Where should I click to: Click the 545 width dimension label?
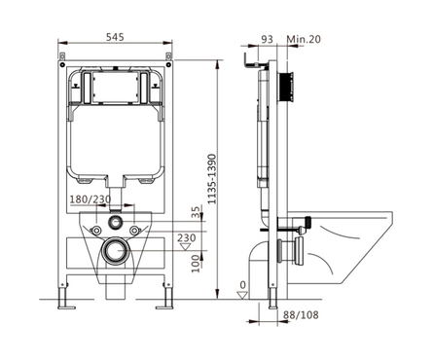[x=115, y=37]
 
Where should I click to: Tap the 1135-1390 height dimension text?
[x=212, y=179]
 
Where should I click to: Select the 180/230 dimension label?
[x=90, y=199]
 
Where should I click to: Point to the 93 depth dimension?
[x=268, y=39]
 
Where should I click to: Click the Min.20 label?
[x=304, y=39]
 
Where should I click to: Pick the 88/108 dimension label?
[x=301, y=314]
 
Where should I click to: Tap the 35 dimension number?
[x=196, y=213]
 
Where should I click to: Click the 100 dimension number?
[x=196, y=264]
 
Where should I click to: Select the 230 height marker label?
[x=187, y=237]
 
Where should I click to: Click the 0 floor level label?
[x=242, y=285]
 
